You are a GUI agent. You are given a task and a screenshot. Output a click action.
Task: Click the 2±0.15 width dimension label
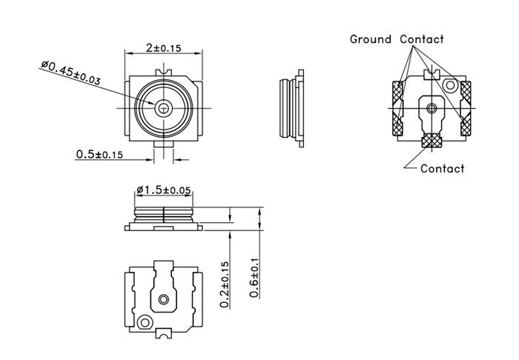164,47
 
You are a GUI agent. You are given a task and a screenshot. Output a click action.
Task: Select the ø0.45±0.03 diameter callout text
72,73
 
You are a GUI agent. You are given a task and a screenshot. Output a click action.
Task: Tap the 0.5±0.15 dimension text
99,154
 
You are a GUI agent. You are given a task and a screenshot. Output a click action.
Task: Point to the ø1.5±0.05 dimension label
163,190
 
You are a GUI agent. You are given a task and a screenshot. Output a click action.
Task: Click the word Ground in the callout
370,39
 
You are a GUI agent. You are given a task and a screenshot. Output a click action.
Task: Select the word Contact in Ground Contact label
422,39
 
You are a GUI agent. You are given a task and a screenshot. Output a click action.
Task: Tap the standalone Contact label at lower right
442,168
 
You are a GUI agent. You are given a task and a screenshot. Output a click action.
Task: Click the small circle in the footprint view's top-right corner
449,86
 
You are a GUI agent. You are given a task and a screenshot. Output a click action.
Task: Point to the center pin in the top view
163,108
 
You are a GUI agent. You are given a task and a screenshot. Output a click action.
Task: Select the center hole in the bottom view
163,299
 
